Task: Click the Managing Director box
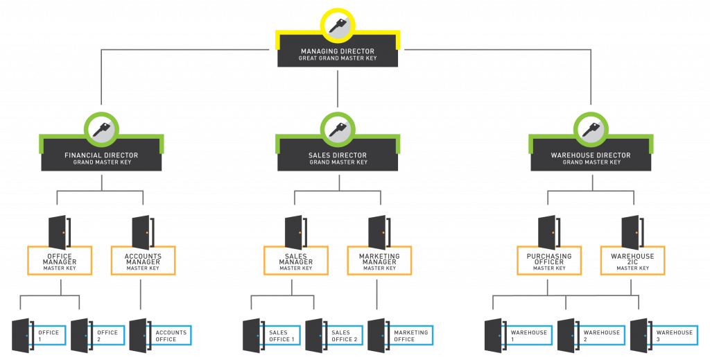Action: [x=338, y=54]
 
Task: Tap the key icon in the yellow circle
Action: [x=338, y=26]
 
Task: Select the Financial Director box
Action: [x=101, y=158]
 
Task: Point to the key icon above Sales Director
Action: [x=338, y=129]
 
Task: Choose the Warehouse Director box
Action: [x=591, y=158]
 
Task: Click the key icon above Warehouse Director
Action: [x=591, y=129]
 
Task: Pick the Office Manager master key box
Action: [x=60, y=261]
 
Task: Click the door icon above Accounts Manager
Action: [x=142, y=232]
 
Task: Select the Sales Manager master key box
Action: [x=296, y=261]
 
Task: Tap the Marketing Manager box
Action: [x=379, y=261]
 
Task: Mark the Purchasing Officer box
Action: [x=549, y=261]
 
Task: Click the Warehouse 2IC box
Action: [x=632, y=261]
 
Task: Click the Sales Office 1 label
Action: [x=282, y=336]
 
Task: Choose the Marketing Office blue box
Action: [x=410, y=336]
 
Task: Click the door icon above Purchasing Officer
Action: [x=548, y=232]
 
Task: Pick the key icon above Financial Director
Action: [x=101, y=129]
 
